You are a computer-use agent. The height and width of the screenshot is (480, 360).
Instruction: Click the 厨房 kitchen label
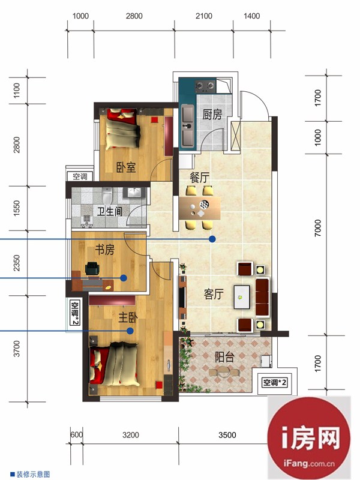click(x=212, y=114)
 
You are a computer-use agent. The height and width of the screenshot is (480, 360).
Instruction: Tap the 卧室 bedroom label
click(x=126, y=167)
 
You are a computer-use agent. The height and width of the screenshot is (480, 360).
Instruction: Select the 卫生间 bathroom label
click(x=110, y=211)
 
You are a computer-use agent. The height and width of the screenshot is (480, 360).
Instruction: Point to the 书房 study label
click(x=104, y=250)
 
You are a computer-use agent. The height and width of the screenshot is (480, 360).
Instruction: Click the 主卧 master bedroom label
click(x=128, y=317)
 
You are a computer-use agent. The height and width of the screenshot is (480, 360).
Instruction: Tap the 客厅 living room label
click(x=214, y=294)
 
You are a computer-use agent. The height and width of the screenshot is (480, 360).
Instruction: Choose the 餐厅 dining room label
click(x=199, y=178)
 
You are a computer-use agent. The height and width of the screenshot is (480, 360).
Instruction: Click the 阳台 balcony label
click(x=224, y=357)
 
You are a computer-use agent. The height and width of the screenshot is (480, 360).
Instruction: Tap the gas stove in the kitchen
click(x=205, y=86)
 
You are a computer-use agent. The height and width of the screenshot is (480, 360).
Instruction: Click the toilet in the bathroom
click(x=107, y=196)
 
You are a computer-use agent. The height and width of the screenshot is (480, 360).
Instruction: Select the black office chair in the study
click(x=93, y=268)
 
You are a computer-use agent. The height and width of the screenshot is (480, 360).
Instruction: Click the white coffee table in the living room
click(x=242, y=297)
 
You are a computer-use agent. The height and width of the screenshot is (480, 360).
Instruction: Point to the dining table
click(x=200, y=208)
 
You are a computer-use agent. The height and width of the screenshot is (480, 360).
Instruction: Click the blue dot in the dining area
click(x=212, y=239)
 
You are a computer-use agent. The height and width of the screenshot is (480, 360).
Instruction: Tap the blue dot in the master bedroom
click(x=130, y=331)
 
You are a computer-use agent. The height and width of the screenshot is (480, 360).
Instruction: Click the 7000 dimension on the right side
click(x=318, y=228)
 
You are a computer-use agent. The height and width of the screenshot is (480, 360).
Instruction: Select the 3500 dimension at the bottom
click(x=227, y=435)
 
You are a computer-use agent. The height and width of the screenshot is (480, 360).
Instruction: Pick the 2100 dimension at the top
click(x=204, y=16)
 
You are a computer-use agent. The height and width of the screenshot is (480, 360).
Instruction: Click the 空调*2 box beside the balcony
click(x=274, y=382)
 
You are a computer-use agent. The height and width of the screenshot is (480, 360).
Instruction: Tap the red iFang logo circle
click(x=308, y=439)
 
